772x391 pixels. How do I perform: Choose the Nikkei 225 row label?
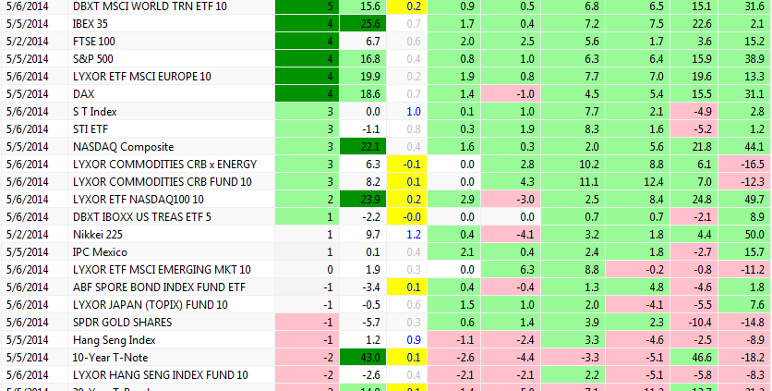(97, 234)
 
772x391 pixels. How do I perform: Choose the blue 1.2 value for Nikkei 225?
(414, 234)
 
